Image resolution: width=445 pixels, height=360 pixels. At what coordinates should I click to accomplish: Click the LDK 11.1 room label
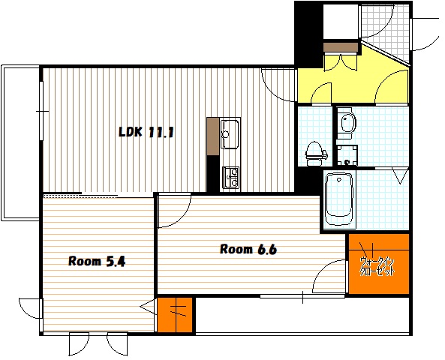point(146,132)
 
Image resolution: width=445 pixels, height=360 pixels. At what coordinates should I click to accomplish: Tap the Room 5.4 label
point(97,261)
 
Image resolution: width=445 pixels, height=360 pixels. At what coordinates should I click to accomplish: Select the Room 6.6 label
point(248,249)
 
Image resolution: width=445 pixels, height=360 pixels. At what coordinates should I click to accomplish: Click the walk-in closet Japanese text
point(377,266)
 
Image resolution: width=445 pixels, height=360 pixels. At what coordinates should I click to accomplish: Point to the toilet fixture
point(315,154)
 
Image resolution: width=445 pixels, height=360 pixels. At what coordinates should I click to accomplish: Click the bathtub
point(339,199)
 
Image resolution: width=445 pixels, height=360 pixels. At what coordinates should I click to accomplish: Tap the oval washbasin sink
point(348,122)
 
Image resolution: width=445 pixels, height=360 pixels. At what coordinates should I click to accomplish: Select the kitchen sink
point(230,134)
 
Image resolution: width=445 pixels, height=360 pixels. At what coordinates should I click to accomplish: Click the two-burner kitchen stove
point(230,178)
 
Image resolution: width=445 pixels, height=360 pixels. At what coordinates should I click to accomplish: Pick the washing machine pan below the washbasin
point(347,155)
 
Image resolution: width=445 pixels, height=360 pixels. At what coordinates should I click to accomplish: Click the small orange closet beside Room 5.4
point(175,314)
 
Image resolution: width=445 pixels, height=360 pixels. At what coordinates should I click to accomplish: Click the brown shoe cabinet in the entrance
point(340,47)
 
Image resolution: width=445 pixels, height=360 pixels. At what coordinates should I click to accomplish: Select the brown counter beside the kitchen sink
point(213,136)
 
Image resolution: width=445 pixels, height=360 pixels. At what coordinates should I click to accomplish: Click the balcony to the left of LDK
point(20,142)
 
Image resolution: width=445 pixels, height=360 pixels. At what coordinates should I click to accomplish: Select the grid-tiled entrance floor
point(384,31)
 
